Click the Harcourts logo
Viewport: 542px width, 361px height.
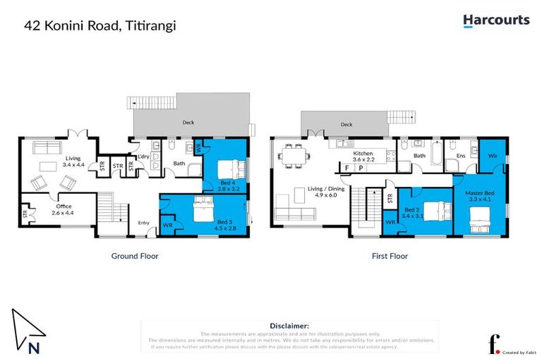point(495,20)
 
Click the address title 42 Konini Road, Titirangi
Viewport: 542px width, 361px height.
point(100,25)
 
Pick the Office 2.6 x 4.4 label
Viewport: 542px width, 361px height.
point(63,209)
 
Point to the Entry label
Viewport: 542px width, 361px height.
point(143,224)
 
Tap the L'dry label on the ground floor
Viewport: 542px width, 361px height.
point(143,156)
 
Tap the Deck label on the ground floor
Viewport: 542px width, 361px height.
point(188,122)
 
